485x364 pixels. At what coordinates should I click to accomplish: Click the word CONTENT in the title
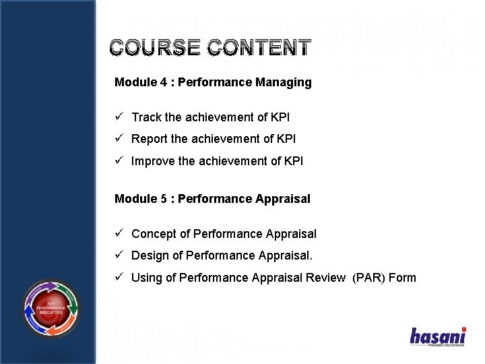click(259, 48)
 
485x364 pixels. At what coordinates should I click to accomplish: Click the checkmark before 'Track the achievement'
click(119, 117)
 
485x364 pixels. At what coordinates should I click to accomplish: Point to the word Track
click(146, 117)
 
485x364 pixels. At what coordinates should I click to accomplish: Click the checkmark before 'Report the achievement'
click(119, 139)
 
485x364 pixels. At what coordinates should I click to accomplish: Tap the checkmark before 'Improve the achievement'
click(119, 161)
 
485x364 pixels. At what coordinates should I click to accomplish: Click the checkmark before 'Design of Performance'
click(119, 255)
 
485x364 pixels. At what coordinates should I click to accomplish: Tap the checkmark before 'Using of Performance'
click(119, 278)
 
